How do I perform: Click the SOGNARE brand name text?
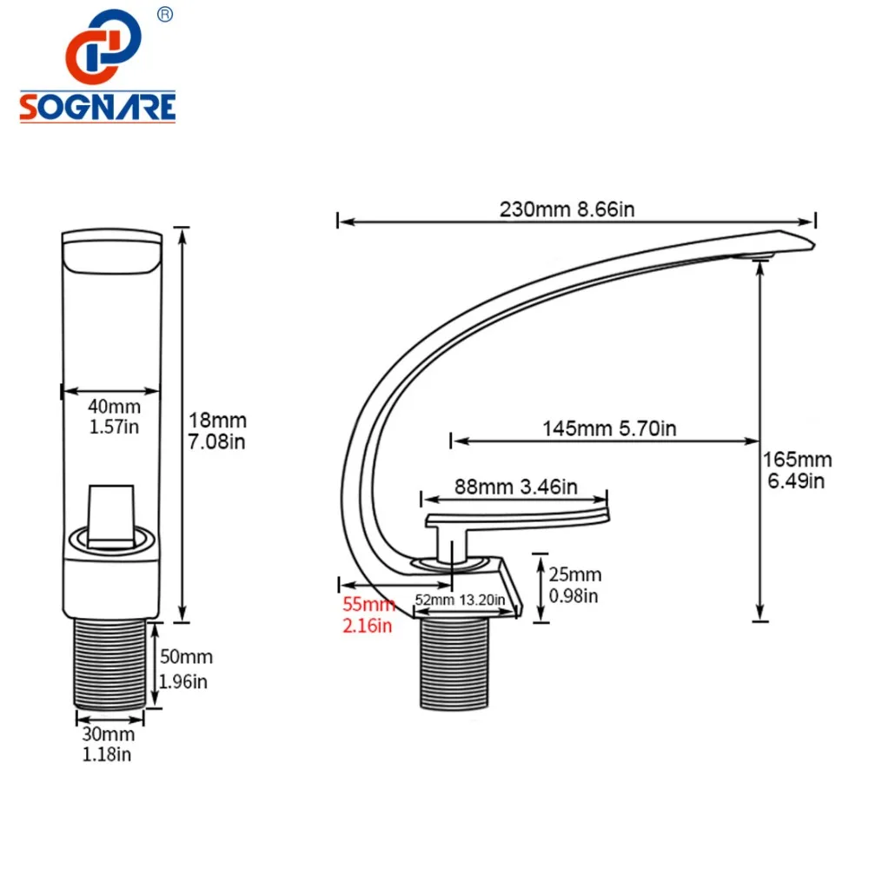coord(97,107)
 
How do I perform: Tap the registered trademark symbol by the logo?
coord(165,15)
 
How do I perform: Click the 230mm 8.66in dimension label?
coord(567,209)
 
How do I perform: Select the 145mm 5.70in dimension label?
coord(609,428)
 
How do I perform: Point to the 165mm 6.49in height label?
coord(797,470)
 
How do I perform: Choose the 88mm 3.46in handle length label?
coord(516,487)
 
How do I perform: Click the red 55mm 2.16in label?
coord(368,614)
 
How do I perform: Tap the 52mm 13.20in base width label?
coord(460,600)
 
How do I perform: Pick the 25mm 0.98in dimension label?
coord(574,585)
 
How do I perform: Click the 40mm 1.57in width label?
coord(114,417)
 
